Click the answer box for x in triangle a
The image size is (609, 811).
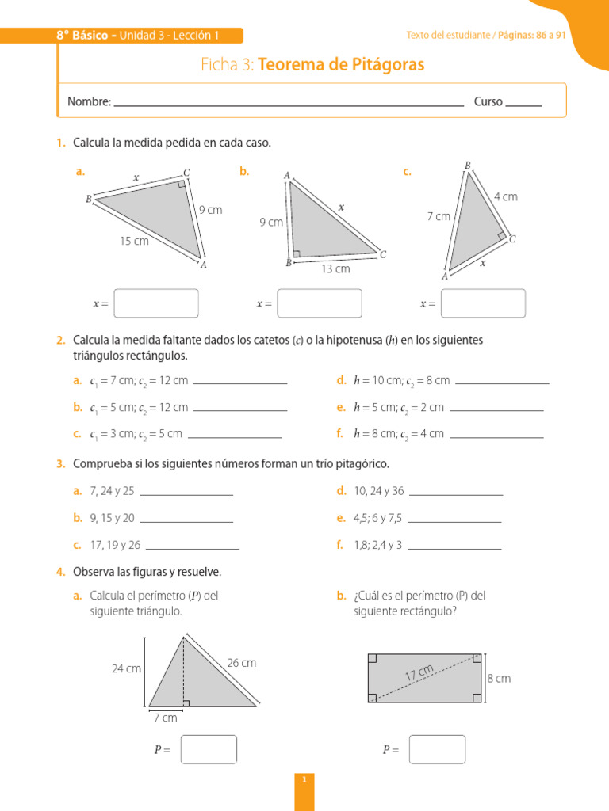point(156,303)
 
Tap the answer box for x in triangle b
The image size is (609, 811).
point(320,303)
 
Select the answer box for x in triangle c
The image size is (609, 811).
point(483,303)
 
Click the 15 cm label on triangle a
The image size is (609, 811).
point(134,241)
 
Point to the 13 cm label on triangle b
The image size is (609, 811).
point(335,269)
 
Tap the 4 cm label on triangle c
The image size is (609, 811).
point(505,196)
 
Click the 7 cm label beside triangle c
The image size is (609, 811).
point(438,216)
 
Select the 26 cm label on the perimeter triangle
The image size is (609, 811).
point(242,663)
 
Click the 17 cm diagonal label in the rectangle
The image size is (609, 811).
point(419,672)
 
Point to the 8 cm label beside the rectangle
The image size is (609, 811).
point(499,679)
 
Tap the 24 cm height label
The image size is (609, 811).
point(126,668)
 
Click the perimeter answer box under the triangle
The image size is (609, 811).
point(209,749)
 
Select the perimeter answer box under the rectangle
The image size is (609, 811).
point(437,749)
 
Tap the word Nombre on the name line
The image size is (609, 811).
point(88,101)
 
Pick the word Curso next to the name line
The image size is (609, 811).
point(488,101)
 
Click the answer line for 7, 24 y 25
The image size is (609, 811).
point(186,494)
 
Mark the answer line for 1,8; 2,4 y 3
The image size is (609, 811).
point(454,548)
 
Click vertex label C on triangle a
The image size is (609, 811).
point(186,172)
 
